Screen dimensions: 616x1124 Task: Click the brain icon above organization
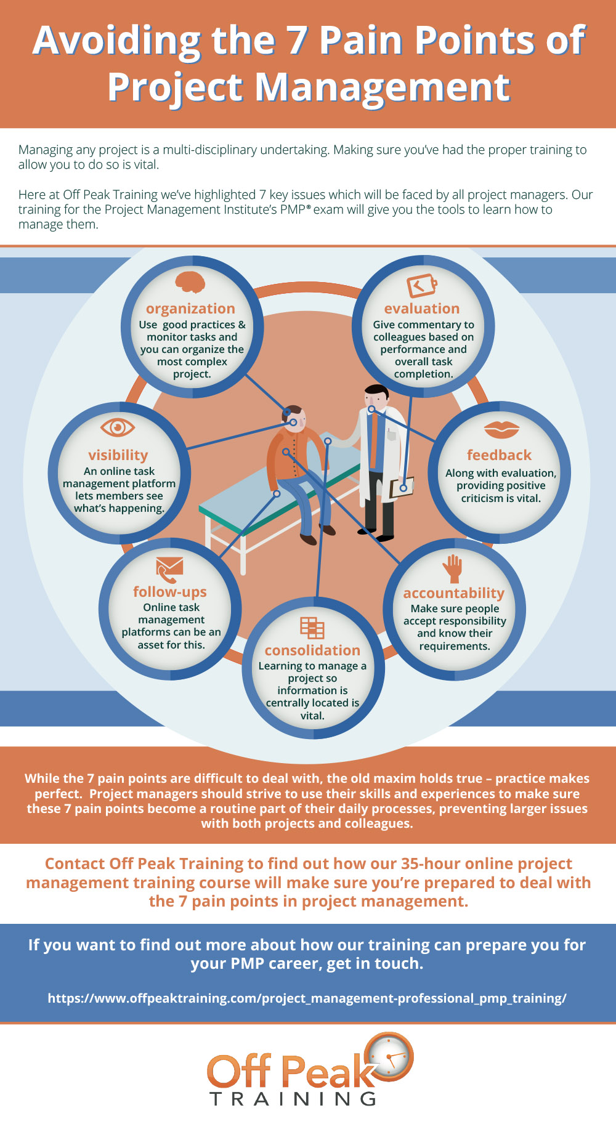pyautogui.click(x=190, y=283)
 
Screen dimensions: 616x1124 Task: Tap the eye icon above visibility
pyautogui.click(x=117, y=427)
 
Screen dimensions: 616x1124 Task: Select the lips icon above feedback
pyautogui.click(x=501, y=429)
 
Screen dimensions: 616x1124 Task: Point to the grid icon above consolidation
pyautogui.click(x=312, y=628)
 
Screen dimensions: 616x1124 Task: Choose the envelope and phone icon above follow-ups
pyautogui.click(x=169, y=570)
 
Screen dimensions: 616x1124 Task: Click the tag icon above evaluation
pyautogui.click(x=422, y=285)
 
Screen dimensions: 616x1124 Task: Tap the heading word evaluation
pyautogui.click(x=422, y=309)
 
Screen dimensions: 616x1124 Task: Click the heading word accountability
pyautogui.click(x=454, y=593)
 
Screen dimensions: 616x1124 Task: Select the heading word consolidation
pyautogui.click(x=312, y=650)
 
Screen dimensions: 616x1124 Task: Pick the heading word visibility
pyautogui.click(x=118, y=455)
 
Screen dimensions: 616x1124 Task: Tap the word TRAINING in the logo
pyautogui.click(x=293, y=1099)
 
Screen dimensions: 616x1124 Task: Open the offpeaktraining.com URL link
pyautogui.click(x=307, y=998)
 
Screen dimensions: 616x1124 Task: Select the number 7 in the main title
pyautogui.click(x=296, y=41)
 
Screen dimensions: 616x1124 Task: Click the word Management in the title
pyautogui.click(x=383, y=87)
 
